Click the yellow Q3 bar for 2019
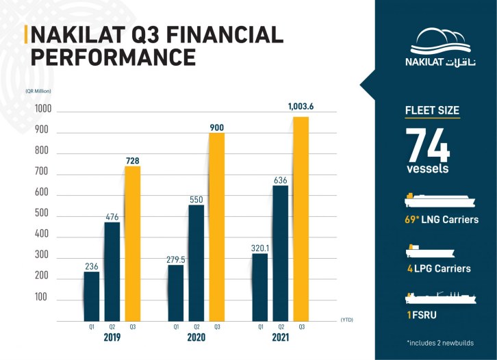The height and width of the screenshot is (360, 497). coord(132,244)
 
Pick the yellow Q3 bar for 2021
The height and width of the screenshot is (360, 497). coord(301,219)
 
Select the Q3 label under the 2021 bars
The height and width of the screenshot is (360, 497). coord(301,327)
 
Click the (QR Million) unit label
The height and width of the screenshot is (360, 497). coord(39,90)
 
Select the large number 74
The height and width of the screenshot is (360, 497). coord(428,144)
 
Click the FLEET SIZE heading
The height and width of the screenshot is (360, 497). coord(432,110)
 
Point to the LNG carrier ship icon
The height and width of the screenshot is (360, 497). coord(437,202)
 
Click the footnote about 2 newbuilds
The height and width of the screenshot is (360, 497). coord(440,342)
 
